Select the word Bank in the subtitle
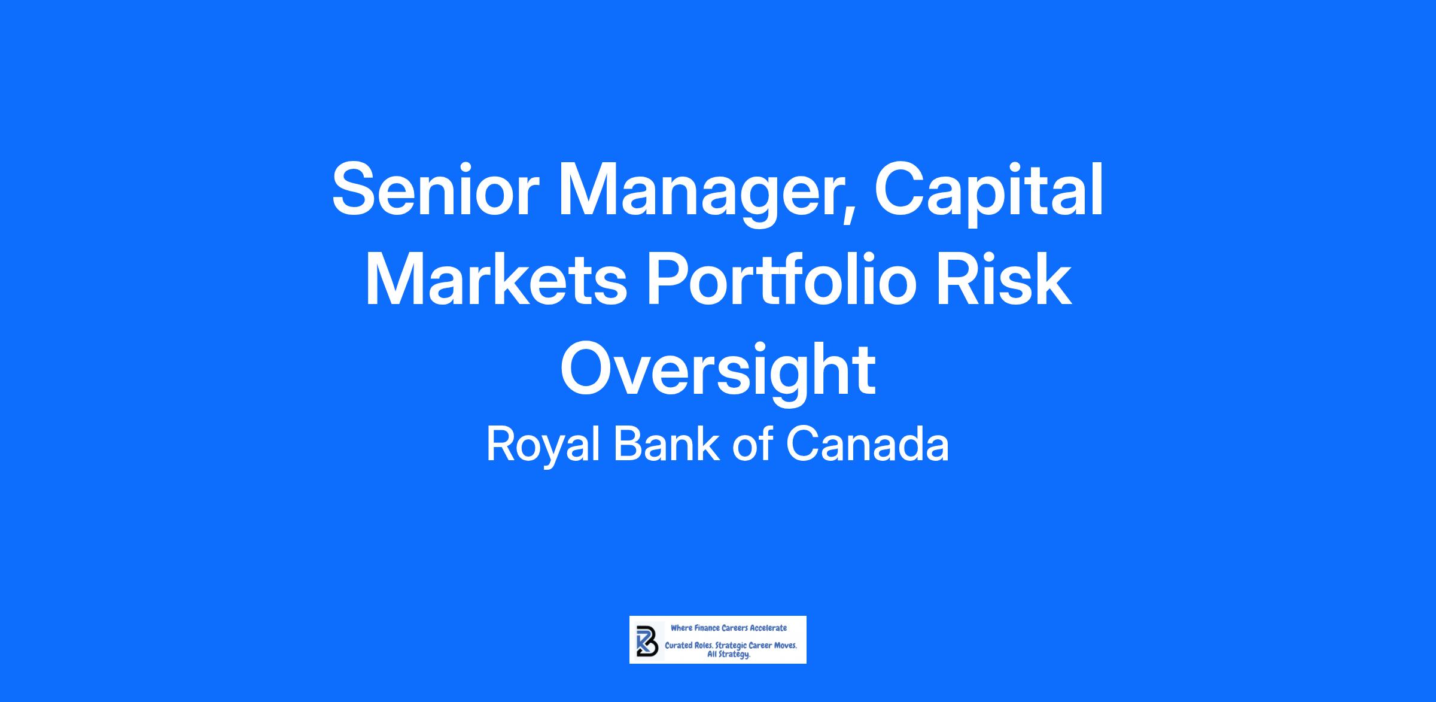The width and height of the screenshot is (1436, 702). point(667,444)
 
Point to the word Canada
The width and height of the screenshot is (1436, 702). point(868,444)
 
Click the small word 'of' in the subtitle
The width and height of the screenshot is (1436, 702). point(753,444)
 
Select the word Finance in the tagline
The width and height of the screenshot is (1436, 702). point(706,628)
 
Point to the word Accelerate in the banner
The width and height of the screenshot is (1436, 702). point(768,628)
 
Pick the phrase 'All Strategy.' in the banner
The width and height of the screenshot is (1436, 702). point(729,655)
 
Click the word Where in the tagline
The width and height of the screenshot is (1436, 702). point(681,628)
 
